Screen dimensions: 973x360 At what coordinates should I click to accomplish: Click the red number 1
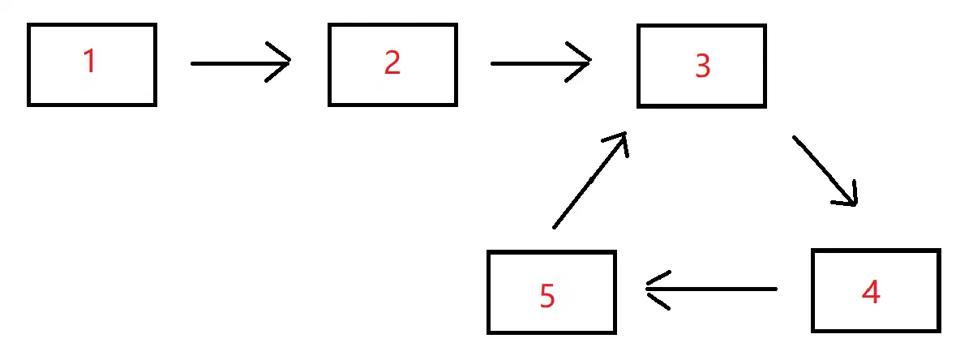tap(90, 60)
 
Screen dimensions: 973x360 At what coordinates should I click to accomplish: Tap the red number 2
tap(392, 62)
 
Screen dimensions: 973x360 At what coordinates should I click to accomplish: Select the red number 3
tap(703, 66)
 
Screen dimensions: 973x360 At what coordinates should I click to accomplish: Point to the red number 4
tap(871, 291)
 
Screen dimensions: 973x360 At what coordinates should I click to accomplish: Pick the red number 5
tap(547, 295)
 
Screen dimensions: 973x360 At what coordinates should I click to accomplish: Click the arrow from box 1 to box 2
tap(241, 63)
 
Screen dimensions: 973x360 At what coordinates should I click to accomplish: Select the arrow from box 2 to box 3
tap(541, 63)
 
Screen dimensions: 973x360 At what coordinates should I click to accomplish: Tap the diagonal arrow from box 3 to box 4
tap(825, 171)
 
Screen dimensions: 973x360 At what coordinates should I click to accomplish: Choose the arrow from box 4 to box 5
tap(712, 289)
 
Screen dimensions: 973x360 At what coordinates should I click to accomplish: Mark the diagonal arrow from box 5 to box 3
tap(590, 180)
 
